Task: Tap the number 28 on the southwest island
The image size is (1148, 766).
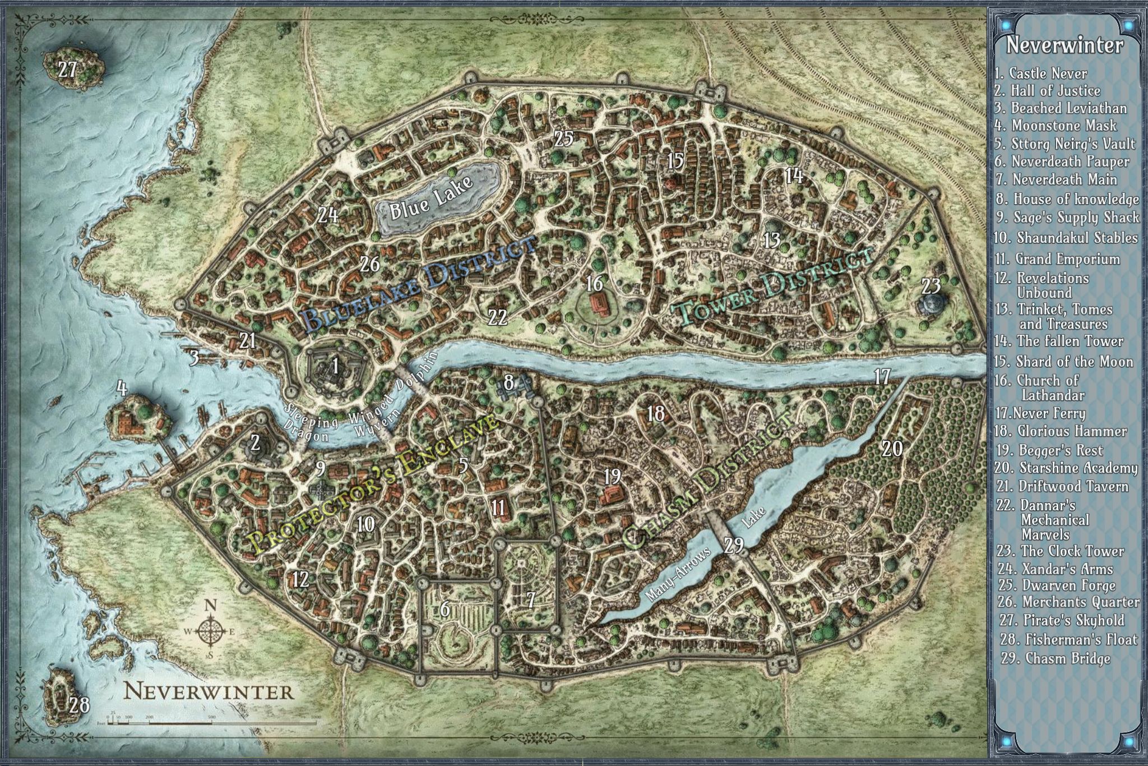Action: pyautogui.click(x=80, y=705)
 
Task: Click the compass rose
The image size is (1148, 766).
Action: pyautogui.click(x=210, y=631)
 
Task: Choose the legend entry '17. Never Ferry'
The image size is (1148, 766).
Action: pyautogui.click(x=1040, y=414)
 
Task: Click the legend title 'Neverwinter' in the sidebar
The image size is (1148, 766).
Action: pyautogui.click(x=1064, y=45)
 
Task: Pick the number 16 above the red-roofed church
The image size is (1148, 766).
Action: pyautogui.click(x=594, y=283)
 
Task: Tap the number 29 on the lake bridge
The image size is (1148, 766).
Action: pyautogui.click(x=734, y=545)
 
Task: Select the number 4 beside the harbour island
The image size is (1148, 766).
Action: pyautogui.click(x=121, y=387)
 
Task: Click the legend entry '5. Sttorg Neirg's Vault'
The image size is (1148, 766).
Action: pyautogui.click(x=1064, y=144)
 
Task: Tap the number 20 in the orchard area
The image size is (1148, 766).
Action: pyautogui.click(x=892, y=449)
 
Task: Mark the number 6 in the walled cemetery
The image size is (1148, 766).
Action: pyautogui.click(x=445, y=608)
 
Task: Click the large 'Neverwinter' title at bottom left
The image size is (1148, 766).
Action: pyautogui.click(x=209, y=691)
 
